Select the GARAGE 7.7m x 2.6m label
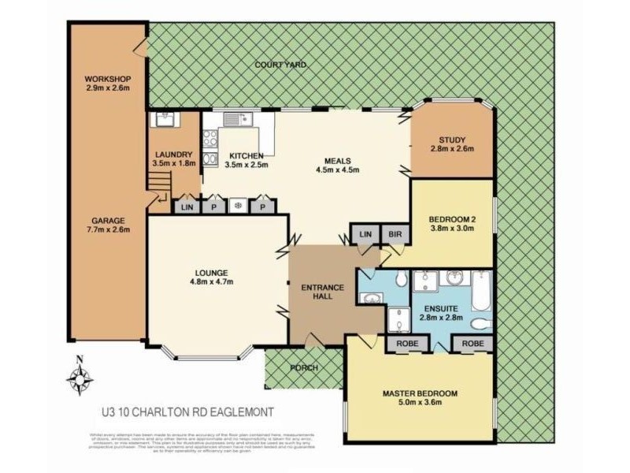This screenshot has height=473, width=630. pyautogui.click(x=107, y=225)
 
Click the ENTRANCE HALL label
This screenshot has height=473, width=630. pyautogui.click(x=323, y=292)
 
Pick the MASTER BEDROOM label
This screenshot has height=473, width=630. pyautogui.click(x=420, y=398)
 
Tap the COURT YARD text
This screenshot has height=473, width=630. pyautogui.click(x=280, y=65)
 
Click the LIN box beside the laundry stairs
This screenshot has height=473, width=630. pyautogui.click(x=186, y=206)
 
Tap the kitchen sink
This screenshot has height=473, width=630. pyautogui.click(x=235, y=120)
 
